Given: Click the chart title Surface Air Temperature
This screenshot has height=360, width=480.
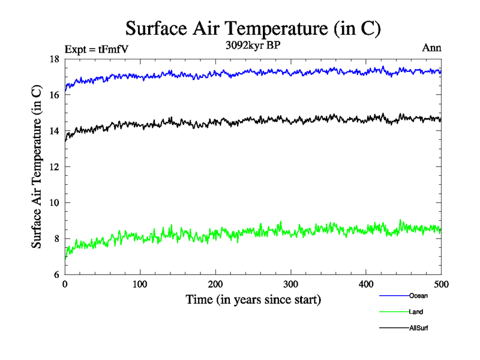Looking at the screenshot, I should tap(253, 29).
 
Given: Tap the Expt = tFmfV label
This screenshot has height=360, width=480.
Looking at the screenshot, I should tap(97, 49).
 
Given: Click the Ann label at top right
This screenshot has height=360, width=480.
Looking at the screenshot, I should tap(432, 49).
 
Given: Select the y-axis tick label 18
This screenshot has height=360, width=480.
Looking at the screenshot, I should tap(53, 59).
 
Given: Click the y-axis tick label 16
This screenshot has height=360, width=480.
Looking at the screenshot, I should tap(53, 95).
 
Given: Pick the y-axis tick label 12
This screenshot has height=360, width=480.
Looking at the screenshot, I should tap(53, 167).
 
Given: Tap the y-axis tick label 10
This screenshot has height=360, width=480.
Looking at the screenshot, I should tap(53, 203).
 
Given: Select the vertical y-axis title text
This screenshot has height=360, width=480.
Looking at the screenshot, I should tap(37, 167).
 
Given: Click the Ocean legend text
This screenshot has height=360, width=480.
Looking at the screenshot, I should tap(419, 296).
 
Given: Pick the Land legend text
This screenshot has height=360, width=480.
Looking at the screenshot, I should tap(416, 312).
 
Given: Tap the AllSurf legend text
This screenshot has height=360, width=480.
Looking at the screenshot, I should tap(419, 328).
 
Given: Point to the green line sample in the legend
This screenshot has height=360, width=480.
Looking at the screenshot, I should tap(394, 312).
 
